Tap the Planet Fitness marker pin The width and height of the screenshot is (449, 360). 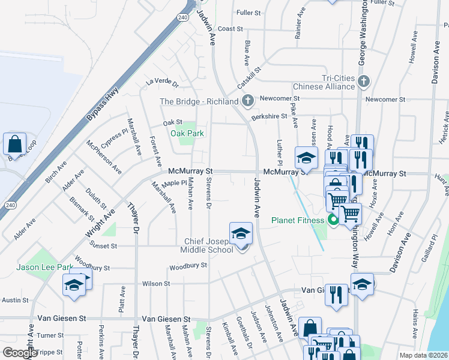pos(334,220)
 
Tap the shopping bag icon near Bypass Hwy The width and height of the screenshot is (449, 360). pos(14,144)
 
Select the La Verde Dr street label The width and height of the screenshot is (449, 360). pos(162,82)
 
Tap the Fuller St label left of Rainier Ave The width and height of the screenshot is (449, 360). pos(249,12)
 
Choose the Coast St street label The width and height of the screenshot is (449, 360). pos(230,28)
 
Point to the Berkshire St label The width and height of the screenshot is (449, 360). pos(266,116)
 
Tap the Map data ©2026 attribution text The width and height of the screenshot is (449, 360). pos(423,355)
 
